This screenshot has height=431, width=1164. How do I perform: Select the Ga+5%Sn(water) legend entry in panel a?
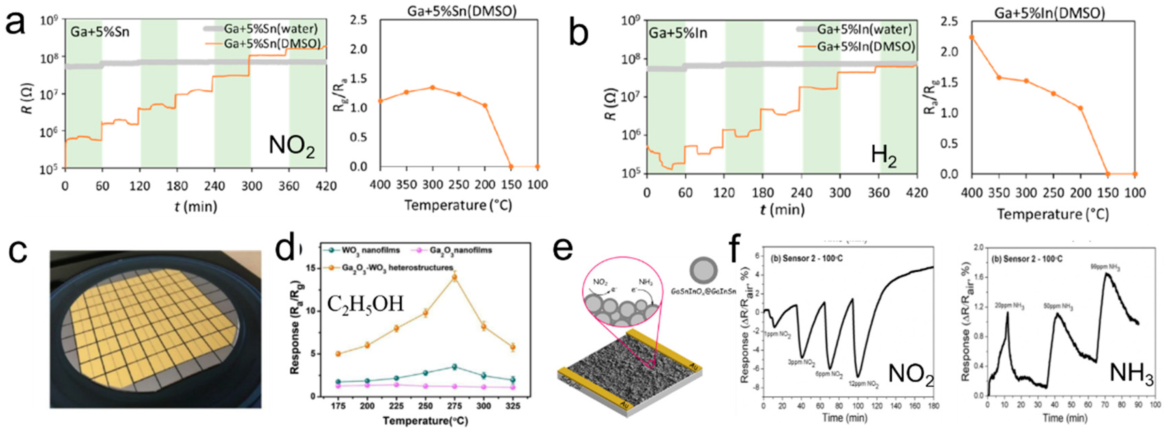click(x=270, y=29)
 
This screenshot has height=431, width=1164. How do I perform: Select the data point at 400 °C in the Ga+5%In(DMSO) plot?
click(x=972, y=38)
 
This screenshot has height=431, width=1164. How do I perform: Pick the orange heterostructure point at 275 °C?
click(x=454, y=278)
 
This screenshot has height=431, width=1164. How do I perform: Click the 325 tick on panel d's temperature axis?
click(x=512, y=406)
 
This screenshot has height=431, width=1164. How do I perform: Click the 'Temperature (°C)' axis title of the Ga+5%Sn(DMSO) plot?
click(x=458, y=205)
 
